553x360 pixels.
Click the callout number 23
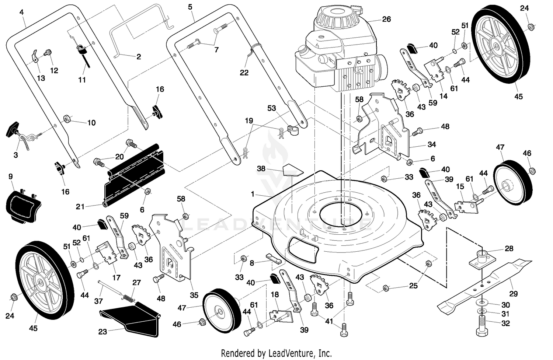click(x=102, y=332)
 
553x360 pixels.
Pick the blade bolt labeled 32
click(x=481, y=326)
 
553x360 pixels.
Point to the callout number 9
click(x=10, y=176)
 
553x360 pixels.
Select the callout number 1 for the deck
click(x=252, y=195)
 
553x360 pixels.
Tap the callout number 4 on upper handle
click(x=21, y=12)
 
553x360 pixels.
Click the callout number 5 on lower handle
click(x=190, y=7)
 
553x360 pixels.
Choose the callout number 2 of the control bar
click(x=139, y=57)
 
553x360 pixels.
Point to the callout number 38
click(x=261, y=168)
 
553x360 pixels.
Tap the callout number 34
click(x=432, y=144)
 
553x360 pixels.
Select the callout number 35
click(x=194, y=295)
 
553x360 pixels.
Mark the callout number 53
click(x=272, y=108)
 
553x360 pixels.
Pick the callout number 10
click(x=91, y=123)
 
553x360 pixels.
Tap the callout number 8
click(x=252, y=263)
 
